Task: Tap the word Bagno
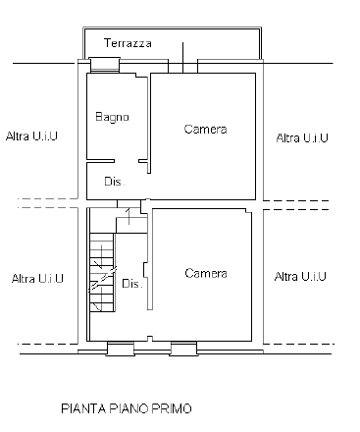coord(112,118)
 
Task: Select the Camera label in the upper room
coord(206,130)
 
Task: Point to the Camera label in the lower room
coord(206,273)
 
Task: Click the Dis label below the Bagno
coord(113,181)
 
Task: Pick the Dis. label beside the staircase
coord(131,284)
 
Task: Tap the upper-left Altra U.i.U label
coord(31,135)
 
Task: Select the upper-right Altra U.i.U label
coord(302,136)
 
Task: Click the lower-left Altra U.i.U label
coord(37,279)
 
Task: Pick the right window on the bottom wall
coord(184,348)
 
